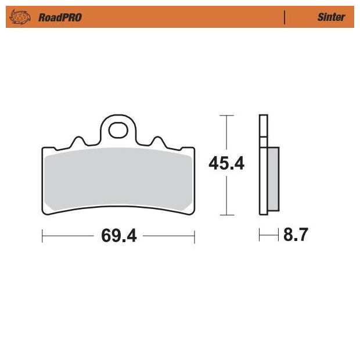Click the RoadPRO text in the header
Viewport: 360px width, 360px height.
pos(60,17)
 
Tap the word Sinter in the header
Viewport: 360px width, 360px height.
pos(332,17)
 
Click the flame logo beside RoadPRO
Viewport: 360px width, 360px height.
pos(20,17)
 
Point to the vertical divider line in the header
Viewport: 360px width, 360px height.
pos(285,17)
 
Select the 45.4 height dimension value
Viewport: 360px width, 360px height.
pos(226,163)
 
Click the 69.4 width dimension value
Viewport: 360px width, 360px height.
pos(119,236)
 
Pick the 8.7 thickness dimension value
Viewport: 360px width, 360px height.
pos(296,235)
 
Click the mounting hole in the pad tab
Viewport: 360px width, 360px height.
pos(118,130)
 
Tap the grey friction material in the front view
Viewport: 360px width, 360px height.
pos(118,179)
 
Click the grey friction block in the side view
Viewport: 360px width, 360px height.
pos(273,179)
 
